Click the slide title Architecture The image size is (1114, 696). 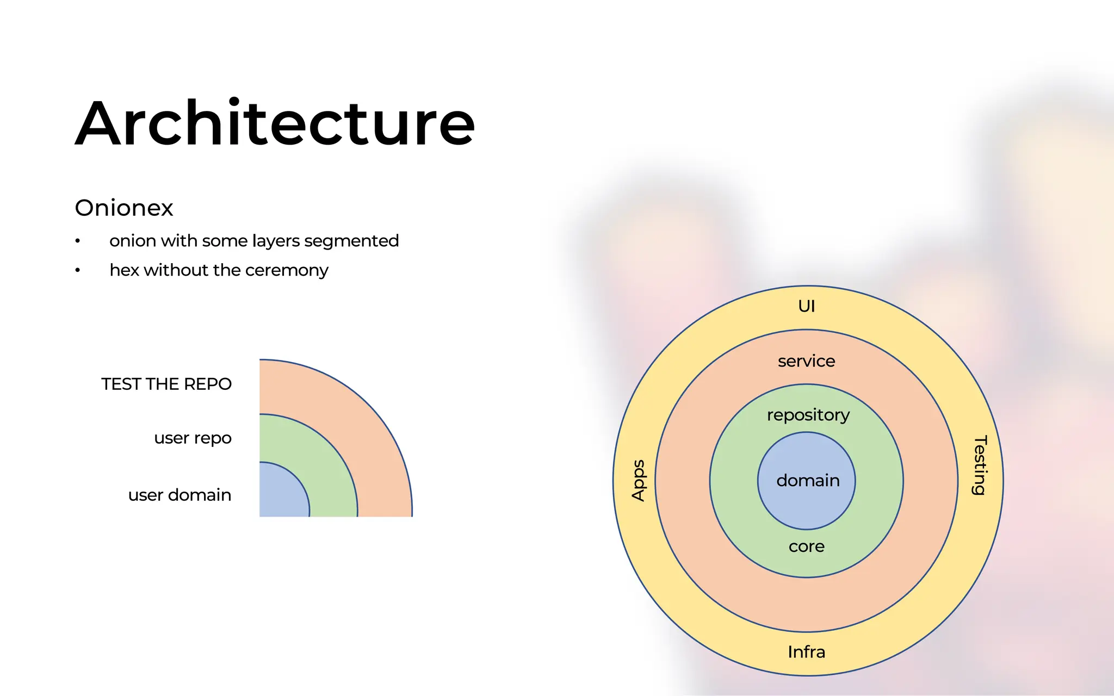pos(275,123)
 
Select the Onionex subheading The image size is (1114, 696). pos(124,208)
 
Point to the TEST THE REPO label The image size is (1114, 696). pos(166,384)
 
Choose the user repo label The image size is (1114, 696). pos(193,438)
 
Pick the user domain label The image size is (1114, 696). pos(180,495)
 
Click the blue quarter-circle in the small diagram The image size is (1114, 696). pos(281,492)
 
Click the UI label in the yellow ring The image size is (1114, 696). pos(807,306)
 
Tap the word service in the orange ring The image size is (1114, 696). pos(806,361)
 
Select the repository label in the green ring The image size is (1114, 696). pos(808,415)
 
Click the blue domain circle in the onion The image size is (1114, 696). pos(807,481)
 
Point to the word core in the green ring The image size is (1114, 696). pos(807,546)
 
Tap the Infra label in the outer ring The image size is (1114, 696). pos(807,652)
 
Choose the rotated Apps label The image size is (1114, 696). pos(638,480)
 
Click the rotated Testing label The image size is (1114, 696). pos(979,465)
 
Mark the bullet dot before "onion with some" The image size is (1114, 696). pos(78,241)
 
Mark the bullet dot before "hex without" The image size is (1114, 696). pos(78,270)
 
